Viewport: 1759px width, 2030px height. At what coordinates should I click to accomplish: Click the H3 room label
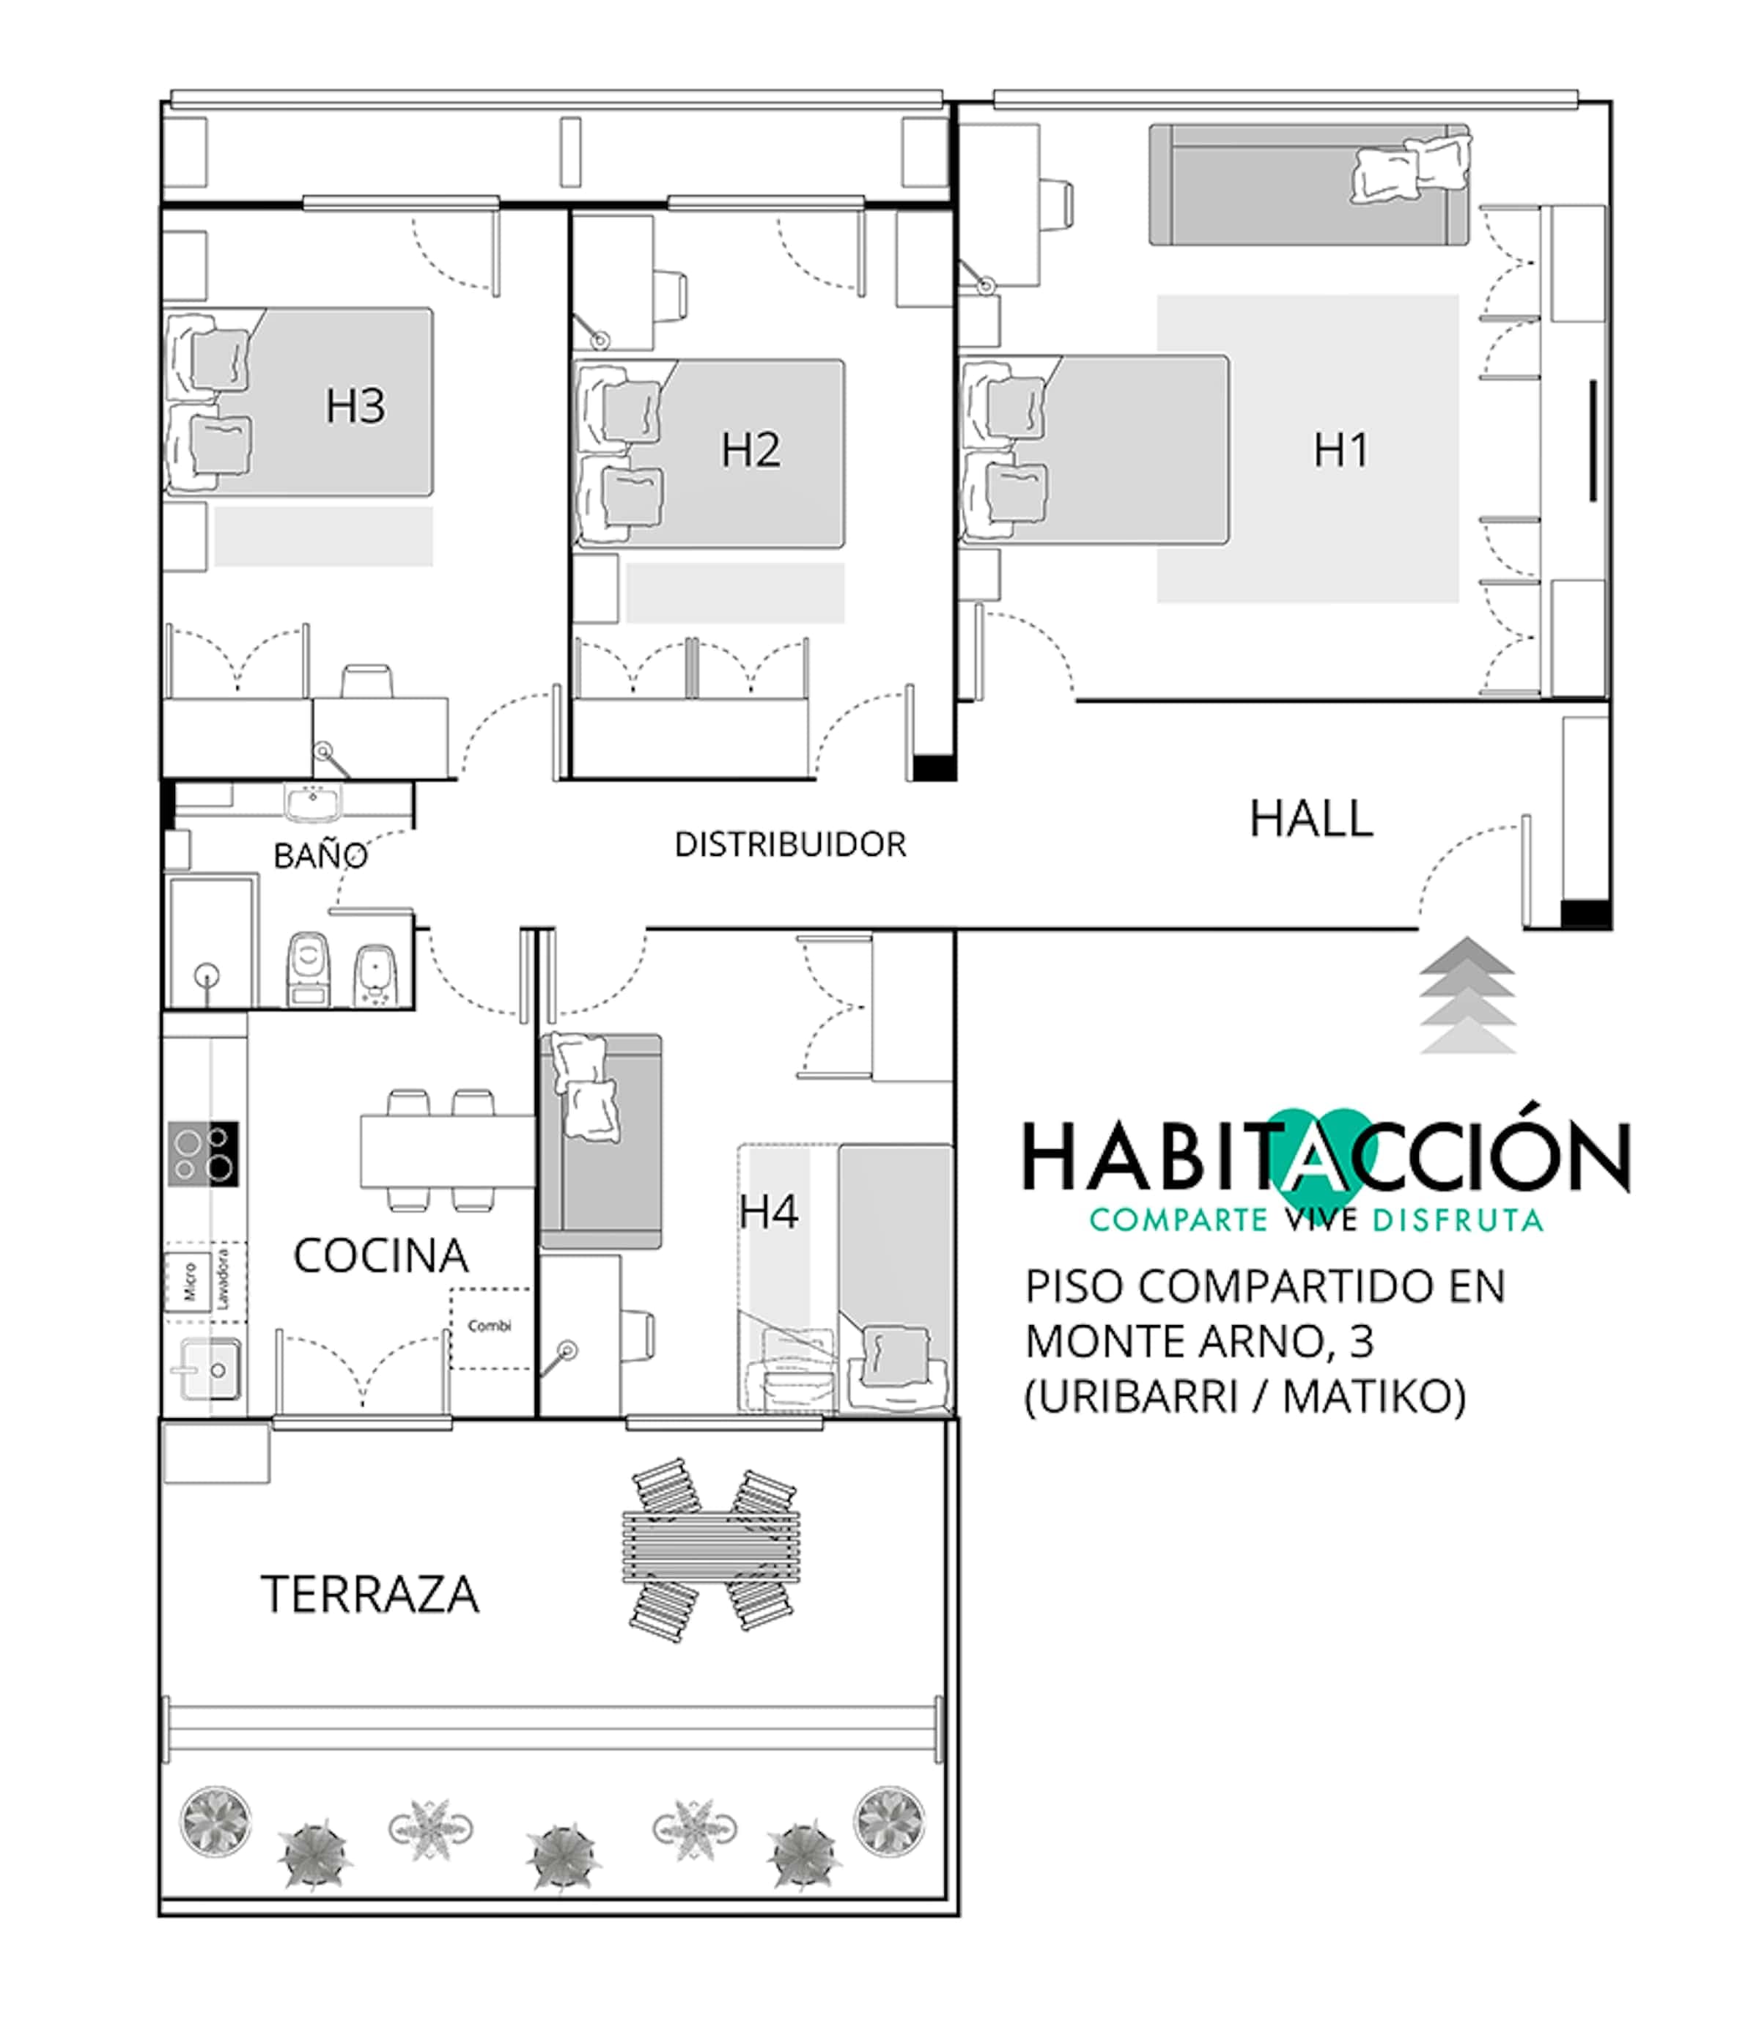coord(355,405)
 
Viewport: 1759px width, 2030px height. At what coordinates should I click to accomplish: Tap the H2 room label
coord(751,449)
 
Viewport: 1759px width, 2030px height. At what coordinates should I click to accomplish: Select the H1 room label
coord(1341,449)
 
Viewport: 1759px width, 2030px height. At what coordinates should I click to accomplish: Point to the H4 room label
coord(769,1212)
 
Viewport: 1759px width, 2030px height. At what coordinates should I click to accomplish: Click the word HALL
coord(1311,819)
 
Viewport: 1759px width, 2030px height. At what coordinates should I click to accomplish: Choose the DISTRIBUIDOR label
coord(790,844)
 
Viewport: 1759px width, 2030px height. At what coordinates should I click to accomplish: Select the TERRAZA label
coord(370,1594)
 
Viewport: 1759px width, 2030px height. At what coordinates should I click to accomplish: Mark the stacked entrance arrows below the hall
coord(1467,995)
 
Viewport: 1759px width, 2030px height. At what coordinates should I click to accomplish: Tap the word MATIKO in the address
coord(1374,1397)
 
